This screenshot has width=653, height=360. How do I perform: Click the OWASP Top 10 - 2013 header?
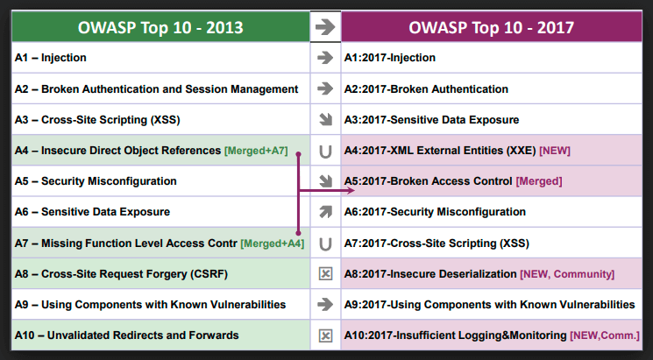(160, 27)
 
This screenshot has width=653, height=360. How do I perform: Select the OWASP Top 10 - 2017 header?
(492, 27)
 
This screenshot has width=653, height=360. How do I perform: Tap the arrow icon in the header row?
(325, 27)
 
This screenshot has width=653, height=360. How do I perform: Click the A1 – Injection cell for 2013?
(160, 58)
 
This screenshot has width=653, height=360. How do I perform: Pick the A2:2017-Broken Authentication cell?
(492, 88)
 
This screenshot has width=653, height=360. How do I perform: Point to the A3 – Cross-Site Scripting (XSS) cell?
(160, 120)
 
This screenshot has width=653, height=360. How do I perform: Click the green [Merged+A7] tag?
(256, 151)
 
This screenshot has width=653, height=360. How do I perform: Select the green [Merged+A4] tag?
(273, 244)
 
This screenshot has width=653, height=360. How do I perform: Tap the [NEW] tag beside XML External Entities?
(555, 151)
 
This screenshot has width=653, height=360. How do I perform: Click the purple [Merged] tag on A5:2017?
(539, 181)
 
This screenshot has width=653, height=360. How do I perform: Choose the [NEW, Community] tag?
(567, 274)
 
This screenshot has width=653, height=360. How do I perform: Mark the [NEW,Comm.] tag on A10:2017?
(605, 335)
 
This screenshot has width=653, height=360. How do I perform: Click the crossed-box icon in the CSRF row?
(325, 274)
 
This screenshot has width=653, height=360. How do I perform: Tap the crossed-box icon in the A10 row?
(325, 335)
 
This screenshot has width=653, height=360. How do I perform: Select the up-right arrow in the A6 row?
(325, 212)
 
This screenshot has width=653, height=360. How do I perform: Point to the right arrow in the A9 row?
(325, 305)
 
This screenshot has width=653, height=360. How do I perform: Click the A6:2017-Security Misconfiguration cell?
(492, 212)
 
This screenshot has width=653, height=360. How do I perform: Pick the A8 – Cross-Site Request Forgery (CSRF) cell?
(160, 274)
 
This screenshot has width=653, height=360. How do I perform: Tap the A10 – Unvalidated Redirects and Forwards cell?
(160, 335)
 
